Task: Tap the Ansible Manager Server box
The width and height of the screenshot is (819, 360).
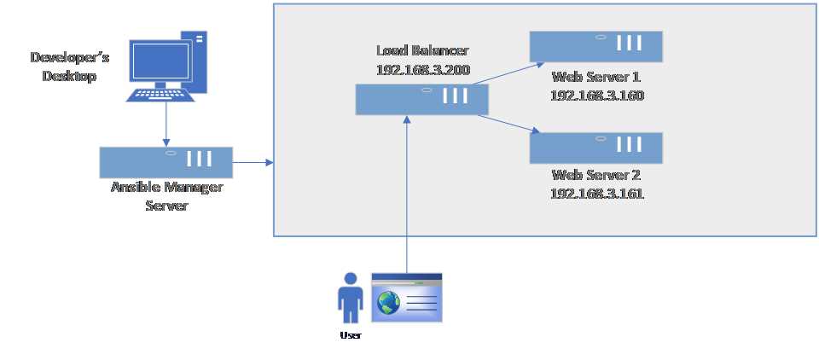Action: click(x=166, y=161)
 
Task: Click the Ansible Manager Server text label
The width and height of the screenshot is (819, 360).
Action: click(x=166, y=195)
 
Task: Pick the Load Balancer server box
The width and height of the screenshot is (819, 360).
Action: click(x=422, y=99)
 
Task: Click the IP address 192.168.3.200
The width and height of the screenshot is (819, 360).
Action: click(x=422, y=70)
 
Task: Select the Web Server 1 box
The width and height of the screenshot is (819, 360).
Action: click(x=595, y=47)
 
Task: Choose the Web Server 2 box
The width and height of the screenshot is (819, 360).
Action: click(x=595, y=148)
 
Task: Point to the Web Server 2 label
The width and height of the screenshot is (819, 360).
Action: click(x=595, y=177)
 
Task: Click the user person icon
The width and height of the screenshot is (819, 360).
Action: click(x=349, y=299)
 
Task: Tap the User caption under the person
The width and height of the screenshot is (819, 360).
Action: click(x=350, y=335)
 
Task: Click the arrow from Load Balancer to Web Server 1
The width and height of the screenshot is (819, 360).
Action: click(x=508, y=73)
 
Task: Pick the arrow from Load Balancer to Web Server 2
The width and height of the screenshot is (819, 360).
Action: click(x=508, y=124)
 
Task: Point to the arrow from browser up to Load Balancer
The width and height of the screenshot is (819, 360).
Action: click(x=407, y=196)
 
